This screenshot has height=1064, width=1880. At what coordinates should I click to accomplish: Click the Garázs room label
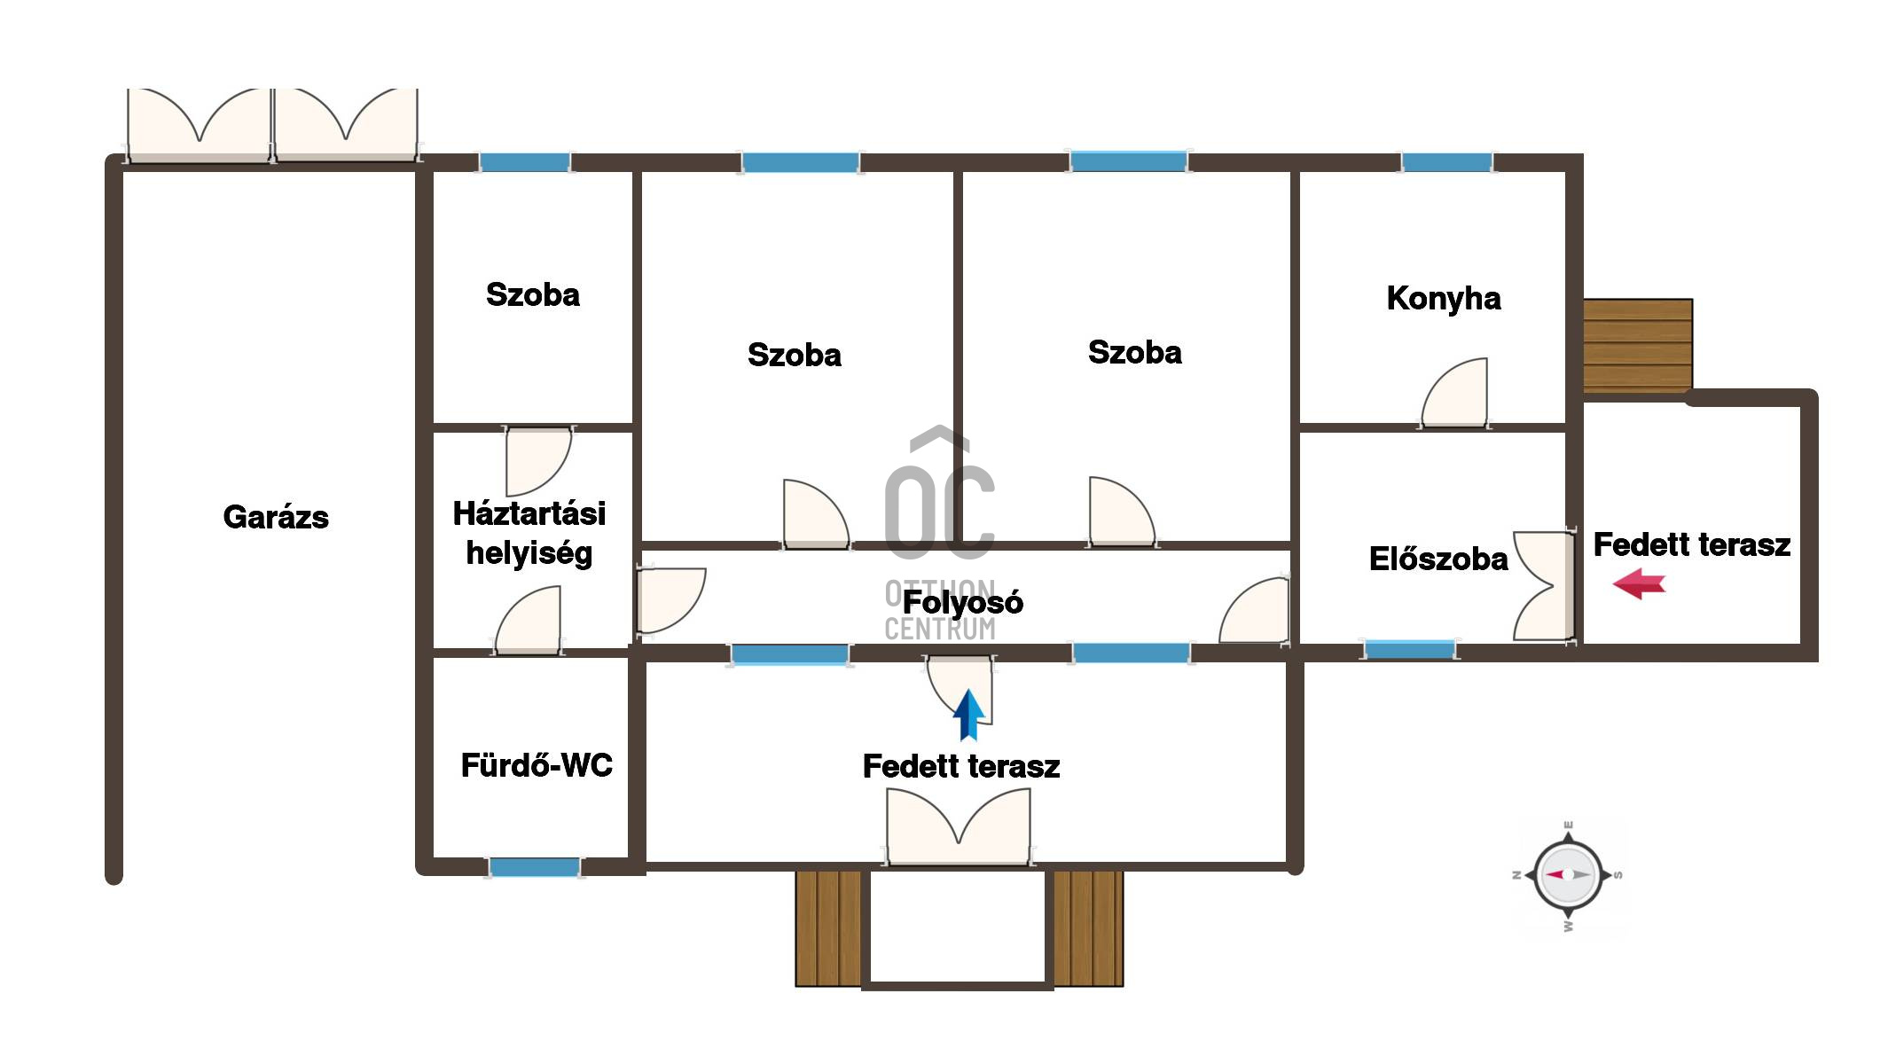pyautogui.click(x=276, y=517)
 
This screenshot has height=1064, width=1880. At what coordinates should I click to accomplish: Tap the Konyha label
pyautogui.click(x=1444, y=299)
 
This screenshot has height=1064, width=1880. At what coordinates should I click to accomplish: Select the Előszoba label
pyautogui.click(x=1438, y=559)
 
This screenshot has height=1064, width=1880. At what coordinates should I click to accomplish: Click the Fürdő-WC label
pyautogui.click(x=537, y=765)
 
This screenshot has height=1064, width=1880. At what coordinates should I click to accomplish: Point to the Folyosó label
pyautogui.click(x=963, y=603)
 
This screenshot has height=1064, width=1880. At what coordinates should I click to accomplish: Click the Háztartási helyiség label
pyautogui.click(x=529, y=533)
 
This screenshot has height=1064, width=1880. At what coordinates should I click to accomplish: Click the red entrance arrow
pyautogui.click(x=1639, y=584)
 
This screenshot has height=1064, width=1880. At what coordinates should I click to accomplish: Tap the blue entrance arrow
pyautogui.click(x=968, y=715)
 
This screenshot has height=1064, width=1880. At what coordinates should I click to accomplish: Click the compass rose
pyautogui.click(x=1568, y=875)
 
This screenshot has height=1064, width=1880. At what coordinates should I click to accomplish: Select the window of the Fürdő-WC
pyautogui.click(x=535, y=866)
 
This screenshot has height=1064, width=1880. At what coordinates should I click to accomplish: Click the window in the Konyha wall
pyautogui.click(x=1446, y=162)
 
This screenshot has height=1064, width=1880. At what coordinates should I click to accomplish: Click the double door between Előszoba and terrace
pyautogui.click(x=1544, y=585)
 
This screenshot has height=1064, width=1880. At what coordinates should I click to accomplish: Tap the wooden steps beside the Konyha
pyautogui.click(x=1638, y=346)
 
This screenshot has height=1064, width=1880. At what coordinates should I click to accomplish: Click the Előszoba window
pyautogui.click(x=1409, y=650)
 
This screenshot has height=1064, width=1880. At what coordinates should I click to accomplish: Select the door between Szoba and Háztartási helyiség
pyautogui.click(x=539, y=461)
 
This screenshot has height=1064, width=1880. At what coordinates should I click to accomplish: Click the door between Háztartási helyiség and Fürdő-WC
pyautogui.click(x=529, y=620)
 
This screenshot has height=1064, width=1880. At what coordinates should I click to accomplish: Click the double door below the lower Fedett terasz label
pyautogui.click(x=959, y=826)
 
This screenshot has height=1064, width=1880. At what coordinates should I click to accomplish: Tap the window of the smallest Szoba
pyautogui.click(x=525, y=162)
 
